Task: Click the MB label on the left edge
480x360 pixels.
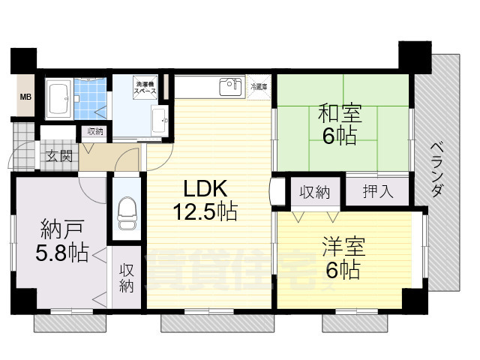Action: pyautogui.click(x=25, y=97)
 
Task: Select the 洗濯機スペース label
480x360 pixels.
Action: pyautogui.click(x=145, y=86)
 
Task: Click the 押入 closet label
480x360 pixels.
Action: pyautogui.click(x=377, y=191)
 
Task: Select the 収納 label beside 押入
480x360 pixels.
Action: pyautogui.click(x=315, y=192)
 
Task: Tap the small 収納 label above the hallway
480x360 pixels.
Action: pyautogui.click(x=94, y=131)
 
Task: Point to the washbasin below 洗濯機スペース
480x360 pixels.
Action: pyautogui.click(x=158, y=120)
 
